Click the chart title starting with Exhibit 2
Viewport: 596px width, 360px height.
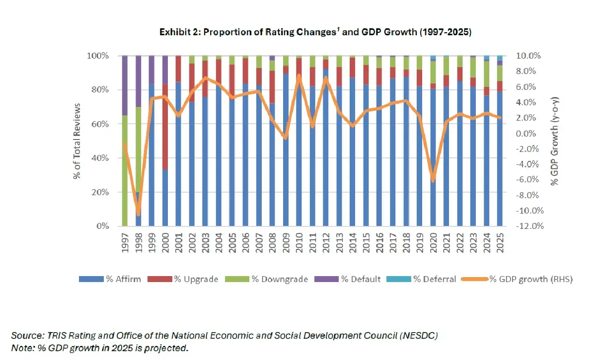[315, 32]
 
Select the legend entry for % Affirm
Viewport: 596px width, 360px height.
[110, 279]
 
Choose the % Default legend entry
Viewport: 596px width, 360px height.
[355, 279]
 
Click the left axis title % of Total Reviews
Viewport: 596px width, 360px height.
[78, 141]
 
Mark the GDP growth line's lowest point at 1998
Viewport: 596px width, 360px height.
[138, 211]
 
